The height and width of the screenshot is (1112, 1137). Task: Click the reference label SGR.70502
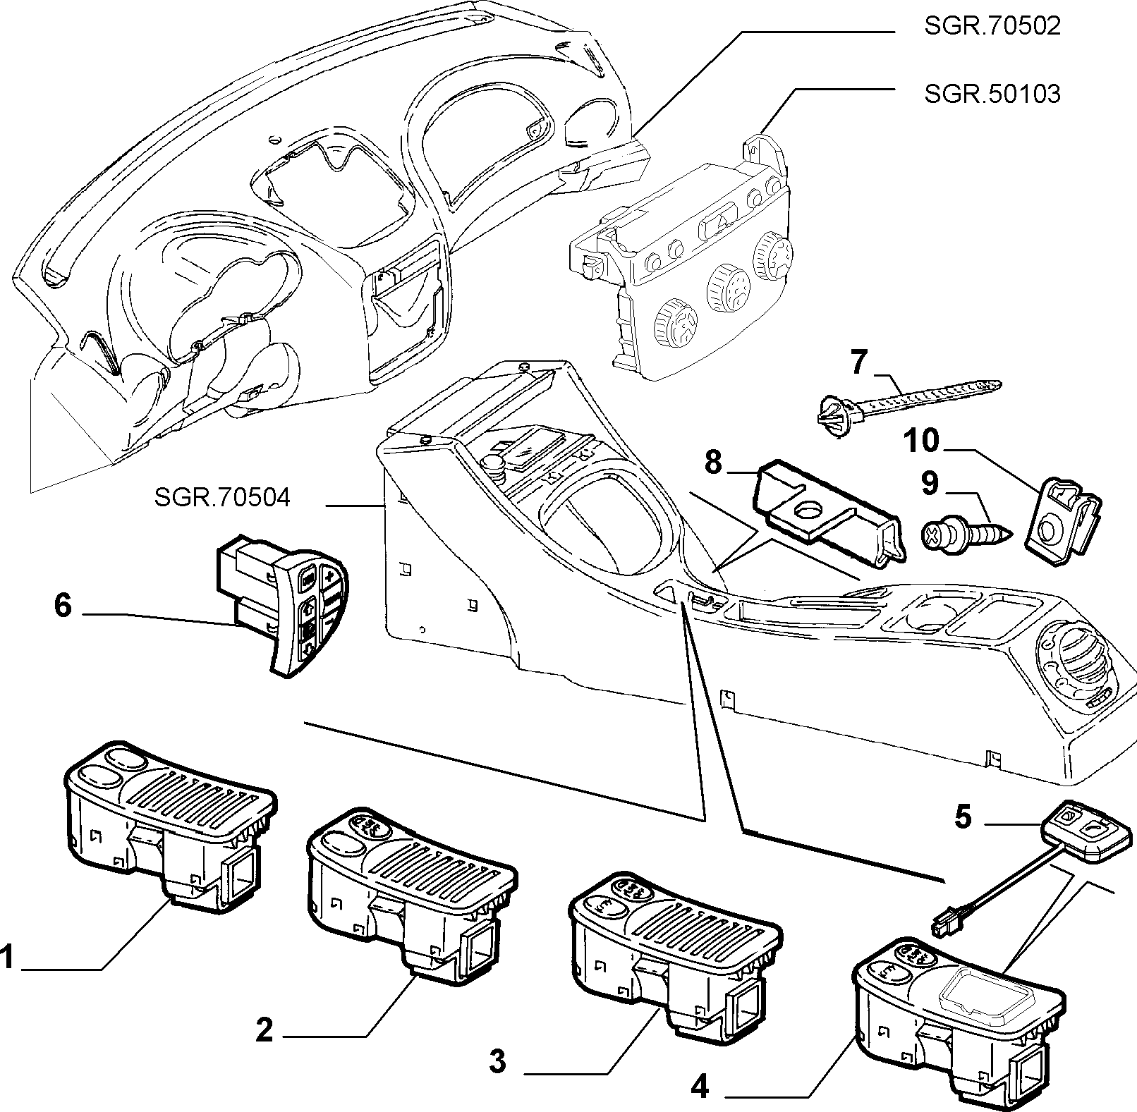tap(992, 26)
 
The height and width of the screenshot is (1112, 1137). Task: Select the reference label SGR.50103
tap(992, 93)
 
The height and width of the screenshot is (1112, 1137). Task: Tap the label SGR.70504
tap(222, 498)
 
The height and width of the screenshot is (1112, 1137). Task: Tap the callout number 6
tap(63, 605)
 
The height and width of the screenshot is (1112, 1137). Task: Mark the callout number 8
tap(713, 463)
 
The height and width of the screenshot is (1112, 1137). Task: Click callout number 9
tap(930, 484)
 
